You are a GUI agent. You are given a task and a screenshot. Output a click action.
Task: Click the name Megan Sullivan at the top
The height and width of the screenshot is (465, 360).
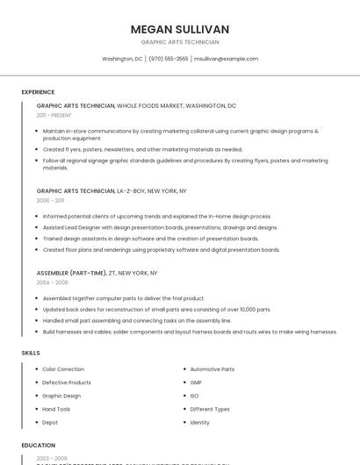(x=179, y=29)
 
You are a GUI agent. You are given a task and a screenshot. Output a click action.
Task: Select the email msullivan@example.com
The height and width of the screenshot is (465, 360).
(x=226, y=59)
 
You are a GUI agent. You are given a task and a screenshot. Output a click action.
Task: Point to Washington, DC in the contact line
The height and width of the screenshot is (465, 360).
(x=122, y=59)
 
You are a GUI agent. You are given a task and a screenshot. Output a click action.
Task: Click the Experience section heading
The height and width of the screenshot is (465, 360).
(x=38, y=92)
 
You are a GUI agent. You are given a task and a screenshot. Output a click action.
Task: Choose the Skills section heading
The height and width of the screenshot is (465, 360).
(x=31, y=353)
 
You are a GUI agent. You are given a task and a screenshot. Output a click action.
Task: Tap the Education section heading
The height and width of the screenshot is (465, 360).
(x=39, y=446)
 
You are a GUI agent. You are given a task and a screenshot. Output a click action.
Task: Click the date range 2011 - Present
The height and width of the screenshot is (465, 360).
(x=54, y=115)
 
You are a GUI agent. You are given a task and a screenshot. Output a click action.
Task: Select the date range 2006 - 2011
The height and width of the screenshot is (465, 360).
(x=50, y=200)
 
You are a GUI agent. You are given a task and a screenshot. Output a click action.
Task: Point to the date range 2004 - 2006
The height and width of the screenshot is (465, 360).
(x=52, y=283)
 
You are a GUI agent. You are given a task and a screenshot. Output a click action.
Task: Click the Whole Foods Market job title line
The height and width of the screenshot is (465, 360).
(x=136, y=105)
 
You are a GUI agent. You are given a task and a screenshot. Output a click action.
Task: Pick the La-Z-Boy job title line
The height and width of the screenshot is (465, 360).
(x=112, y=190)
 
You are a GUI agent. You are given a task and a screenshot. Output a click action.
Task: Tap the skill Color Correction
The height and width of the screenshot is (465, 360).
(x=63, y=369)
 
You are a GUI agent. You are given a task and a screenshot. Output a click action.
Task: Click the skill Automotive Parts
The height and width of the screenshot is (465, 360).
(x=212, y=369)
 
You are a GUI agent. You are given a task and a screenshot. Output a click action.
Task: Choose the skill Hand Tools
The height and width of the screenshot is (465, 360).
(x=56, y=409)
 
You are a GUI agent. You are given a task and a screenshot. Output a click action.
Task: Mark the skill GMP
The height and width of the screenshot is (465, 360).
(x=196, y=383)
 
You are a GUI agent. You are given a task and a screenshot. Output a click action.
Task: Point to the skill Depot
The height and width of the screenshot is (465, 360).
(x=50, y=422)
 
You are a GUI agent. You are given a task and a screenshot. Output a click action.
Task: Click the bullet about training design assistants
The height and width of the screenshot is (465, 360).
(x=150, y=239)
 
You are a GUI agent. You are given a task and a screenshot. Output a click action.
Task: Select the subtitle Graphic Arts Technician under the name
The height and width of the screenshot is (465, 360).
(x=179, y=42)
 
